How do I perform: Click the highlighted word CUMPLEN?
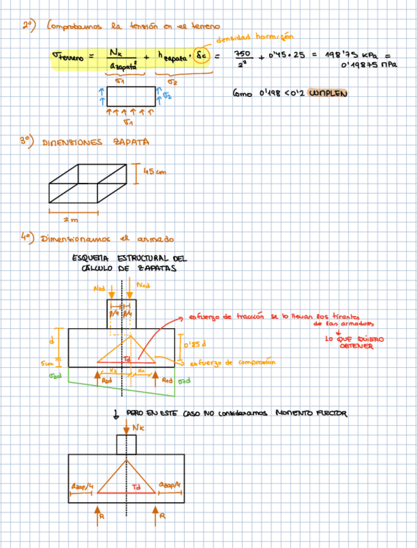(x=329, y=94)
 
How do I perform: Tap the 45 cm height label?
(x=154, y=172)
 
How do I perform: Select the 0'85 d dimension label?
(x=194, y=344)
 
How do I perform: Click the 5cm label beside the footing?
(x=46, y=363)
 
